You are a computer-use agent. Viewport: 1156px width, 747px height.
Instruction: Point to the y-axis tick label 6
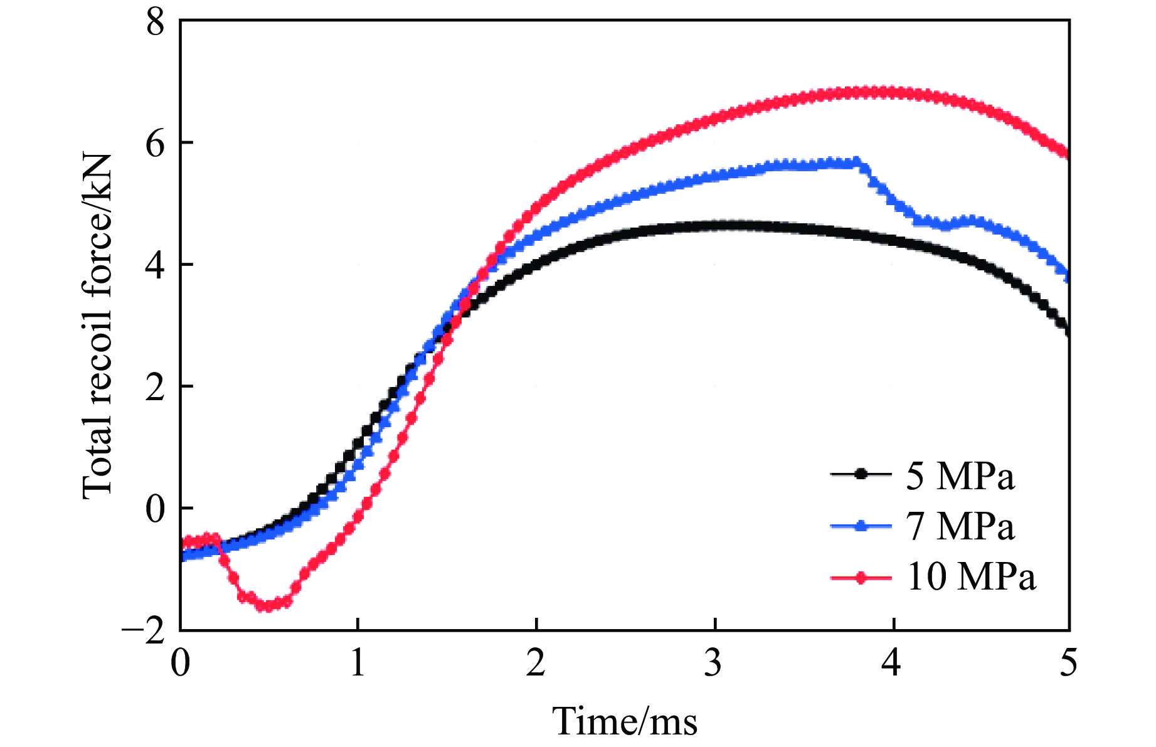pos(155,144)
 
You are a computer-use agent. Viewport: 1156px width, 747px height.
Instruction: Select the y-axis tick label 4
pos(155,265)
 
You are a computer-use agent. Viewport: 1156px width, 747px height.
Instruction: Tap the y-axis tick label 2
pos(155,387)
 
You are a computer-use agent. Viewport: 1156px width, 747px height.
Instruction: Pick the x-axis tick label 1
pos(358,663)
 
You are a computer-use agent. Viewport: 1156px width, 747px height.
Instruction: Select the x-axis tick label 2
pos(536,663)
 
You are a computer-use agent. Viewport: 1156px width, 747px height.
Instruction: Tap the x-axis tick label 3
pos(714,663)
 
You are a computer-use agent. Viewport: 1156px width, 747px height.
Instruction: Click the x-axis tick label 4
pos(891,663)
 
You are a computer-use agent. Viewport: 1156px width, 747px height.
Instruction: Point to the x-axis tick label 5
pos(1069,663)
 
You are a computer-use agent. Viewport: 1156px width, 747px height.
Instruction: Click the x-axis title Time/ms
pos(625,721)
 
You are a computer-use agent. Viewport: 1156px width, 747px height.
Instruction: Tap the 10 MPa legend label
pos(971,576)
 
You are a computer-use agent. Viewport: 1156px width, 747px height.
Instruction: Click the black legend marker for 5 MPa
pos(861,475)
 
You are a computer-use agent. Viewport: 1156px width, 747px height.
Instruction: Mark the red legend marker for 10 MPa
pos(861,577)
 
